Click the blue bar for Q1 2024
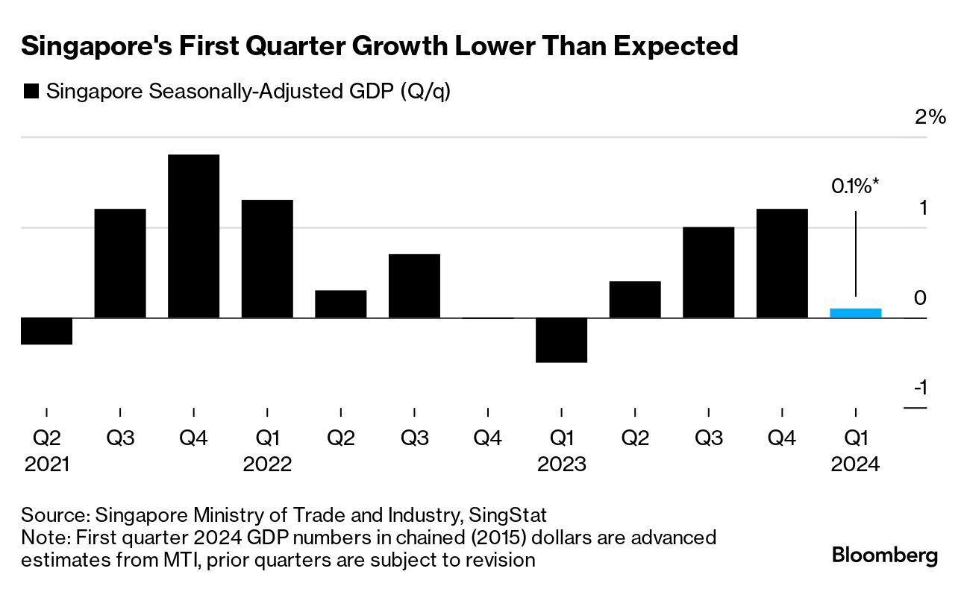pyautogui.click(x=855, y=313)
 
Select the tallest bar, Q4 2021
pyautogui.click(x=193, y=236)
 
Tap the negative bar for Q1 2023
pyautogui.click(x=561, y=340)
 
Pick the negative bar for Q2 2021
pyautogui.click(x=46, y=331)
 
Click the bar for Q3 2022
pyautogui.click(x=414, y=286)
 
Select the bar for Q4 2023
pyautogui.click(x=781, y=263)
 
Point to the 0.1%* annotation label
pyautogui.click(x=855, y=186)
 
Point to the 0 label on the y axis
pyautogui.click(x=921, y=298)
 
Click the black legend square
pyautogui.click(x=31, y=92)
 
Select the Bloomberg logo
pyautogui.click(x=885, y=555)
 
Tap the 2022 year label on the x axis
pyautogui.click(x=267, y=464)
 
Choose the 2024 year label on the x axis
pyautogui.click(x=855, y=464)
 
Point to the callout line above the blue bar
pyautogui.click(x=855, y=253)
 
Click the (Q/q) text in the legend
pyautogui.click(x=425, y=92)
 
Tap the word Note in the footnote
pyautogui.click(x=42, y=538)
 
